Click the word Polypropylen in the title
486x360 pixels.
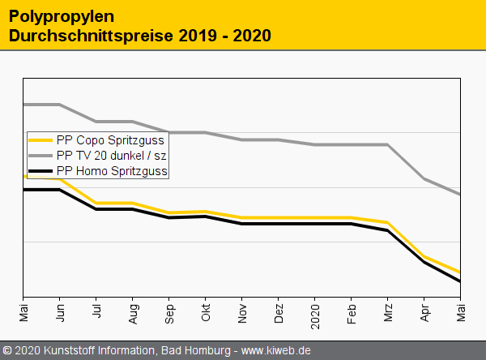tap(61, 16)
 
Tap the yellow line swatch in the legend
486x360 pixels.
tap(40, 140)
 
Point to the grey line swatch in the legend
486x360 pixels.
tap(40, 155)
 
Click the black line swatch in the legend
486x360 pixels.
tap(40, 170)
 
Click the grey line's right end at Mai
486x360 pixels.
tap(460, 195)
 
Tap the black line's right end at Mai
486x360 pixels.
tap(460, 281)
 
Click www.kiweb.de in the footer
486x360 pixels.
tap(276, 351)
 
